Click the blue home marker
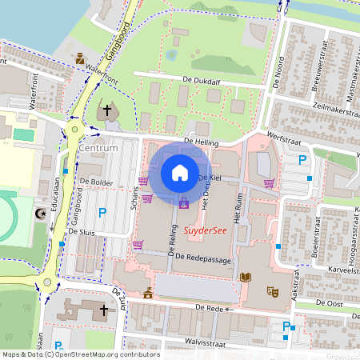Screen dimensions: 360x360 180,173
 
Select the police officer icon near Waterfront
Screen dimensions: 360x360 80,58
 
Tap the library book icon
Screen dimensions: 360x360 246,277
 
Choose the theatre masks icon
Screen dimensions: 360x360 272,292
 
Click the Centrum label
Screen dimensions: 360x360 99,149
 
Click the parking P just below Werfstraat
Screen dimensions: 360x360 302,160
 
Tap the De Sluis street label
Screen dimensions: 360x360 81,231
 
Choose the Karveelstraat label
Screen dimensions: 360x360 337,270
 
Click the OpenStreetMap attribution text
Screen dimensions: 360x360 80,354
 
